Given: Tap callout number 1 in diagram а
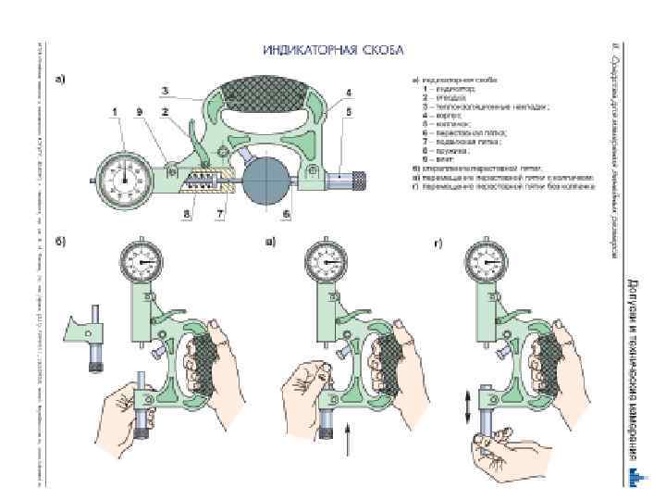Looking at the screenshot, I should pos(115,114).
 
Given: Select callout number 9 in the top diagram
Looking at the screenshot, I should pos(138,114).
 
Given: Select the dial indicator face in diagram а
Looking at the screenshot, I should pos(122,173).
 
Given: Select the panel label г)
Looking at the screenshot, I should pos(438,244).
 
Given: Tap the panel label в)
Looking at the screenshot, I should pos(269,243).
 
